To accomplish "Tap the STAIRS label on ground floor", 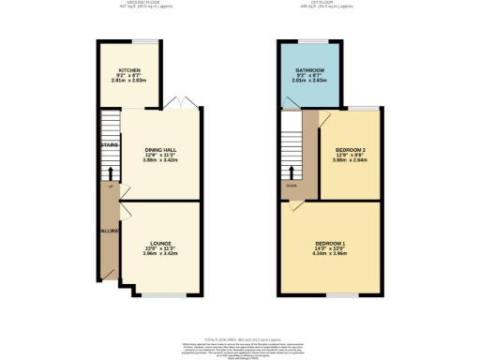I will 108,144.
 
